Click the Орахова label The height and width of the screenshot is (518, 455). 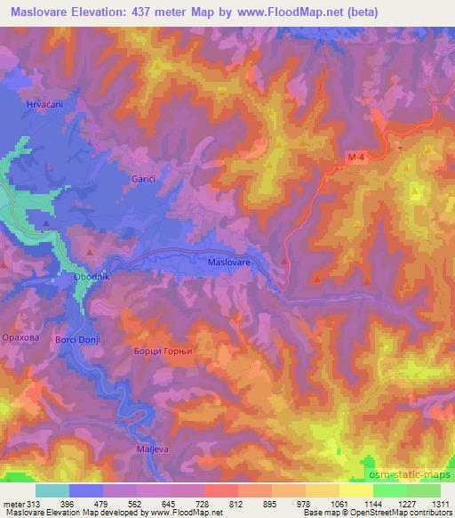click(21, 338)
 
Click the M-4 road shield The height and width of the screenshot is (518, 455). click(356, 158)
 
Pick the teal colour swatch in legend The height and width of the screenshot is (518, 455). click(52, 490)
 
